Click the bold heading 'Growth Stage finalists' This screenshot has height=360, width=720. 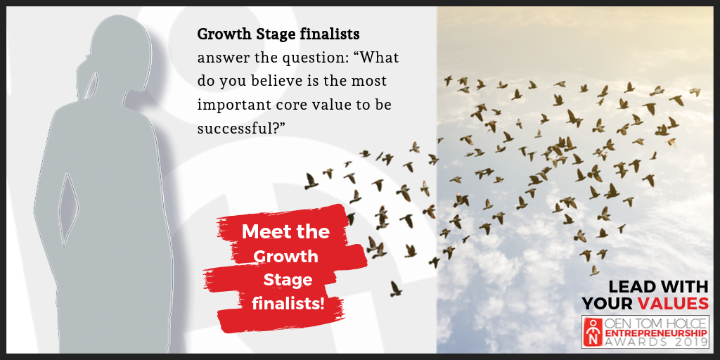click(278, 34)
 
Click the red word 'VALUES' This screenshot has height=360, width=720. click(673, 304)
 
